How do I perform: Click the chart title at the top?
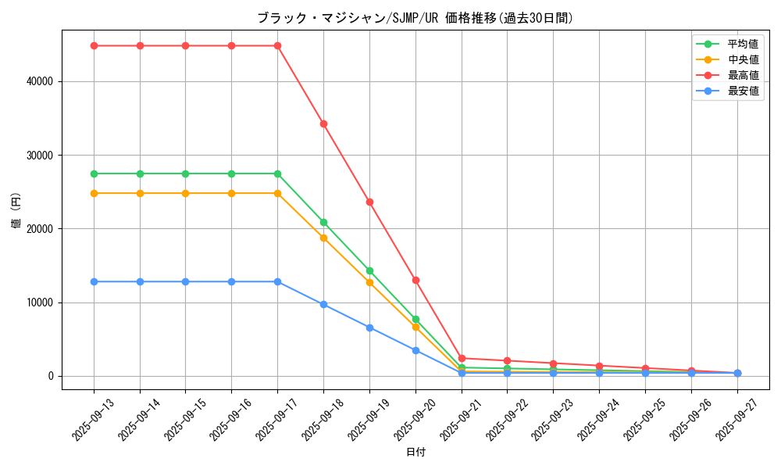pyautogui.click(x=415, y=18)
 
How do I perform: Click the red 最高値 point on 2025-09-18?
pyautogui.click(x=323, y=124)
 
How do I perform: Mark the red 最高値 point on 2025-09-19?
pyautogui.click(x=369, y=202)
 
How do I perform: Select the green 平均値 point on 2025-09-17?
pyautogui.click(x=277, y=174)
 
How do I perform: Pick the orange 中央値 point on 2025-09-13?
pyautogui.click(x=94, y=193)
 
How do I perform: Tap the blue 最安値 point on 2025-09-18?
pyautogui.click(x=323, y=304)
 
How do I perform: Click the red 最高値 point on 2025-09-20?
pyautogui.click(x=415, y=280)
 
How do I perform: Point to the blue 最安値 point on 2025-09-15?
pyautogui.click(x=185, y=281)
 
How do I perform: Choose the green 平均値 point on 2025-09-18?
pyautogui.click(x=323, y=222)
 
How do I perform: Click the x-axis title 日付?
pyautogui.click(x=415, y=453)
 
